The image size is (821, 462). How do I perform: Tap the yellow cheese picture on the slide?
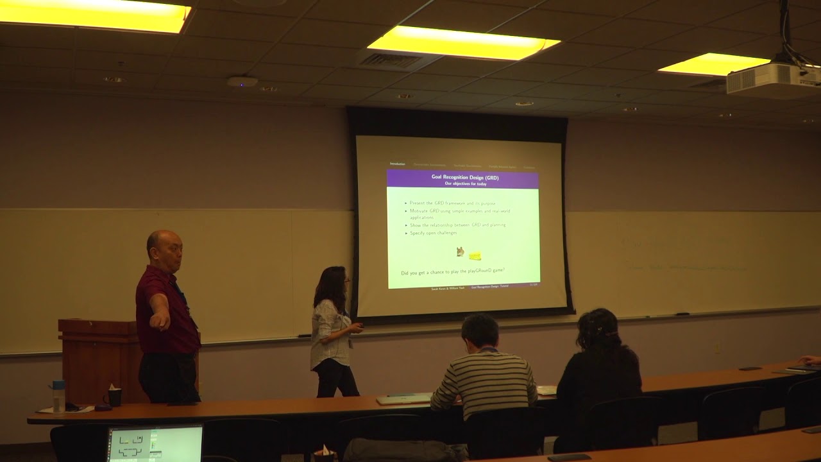(x=475, y=255)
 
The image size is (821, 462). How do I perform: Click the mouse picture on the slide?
(x=460, y=252)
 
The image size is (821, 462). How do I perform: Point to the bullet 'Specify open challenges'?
(x=434, y=233)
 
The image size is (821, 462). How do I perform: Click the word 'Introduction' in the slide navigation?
(x=398, y=164)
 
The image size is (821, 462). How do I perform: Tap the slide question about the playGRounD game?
(x=453, y=273)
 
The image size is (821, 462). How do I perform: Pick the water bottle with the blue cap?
(x=58, y=396)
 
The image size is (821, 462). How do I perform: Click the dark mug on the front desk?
(x=114, y=397)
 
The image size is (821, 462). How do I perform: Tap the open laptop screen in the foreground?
(x=155, y=444)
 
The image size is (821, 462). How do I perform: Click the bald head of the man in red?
(x=163, y=244)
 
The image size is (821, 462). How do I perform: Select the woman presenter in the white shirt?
(x=332, y=330)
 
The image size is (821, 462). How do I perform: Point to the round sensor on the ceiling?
(x=242, y=82)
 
